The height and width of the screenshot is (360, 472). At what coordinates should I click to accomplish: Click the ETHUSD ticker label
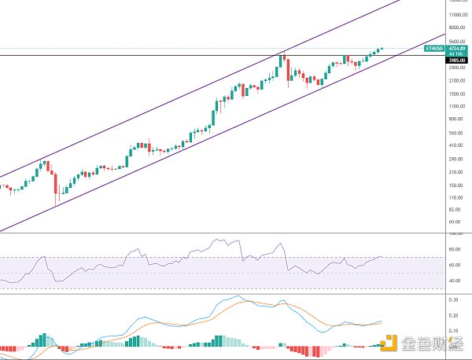(x=434, y=49)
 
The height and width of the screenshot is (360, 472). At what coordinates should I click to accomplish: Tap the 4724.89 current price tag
(x=458, y=48)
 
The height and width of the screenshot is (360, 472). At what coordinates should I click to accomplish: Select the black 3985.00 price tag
(x=458, y=60)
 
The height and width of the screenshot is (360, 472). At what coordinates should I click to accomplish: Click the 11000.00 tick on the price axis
(x=458, y=15)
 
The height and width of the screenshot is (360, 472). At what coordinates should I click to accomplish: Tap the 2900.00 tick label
(x=458, y=68)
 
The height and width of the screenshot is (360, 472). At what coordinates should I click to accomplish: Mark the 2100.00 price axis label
(x=458, y=80)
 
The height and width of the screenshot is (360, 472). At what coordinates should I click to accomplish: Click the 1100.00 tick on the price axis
(x=458, y=106)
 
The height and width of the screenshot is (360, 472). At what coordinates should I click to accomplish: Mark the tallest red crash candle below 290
(x=55, y=185)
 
